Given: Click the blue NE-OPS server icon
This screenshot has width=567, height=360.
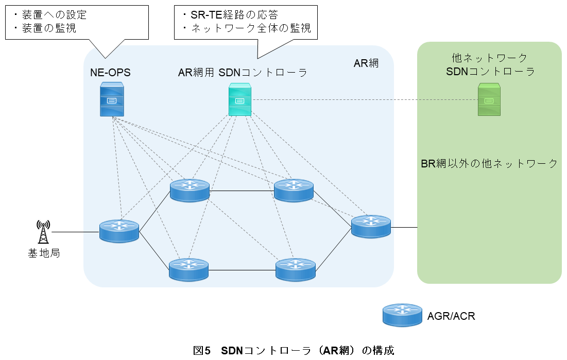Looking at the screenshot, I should (x=112, y=99).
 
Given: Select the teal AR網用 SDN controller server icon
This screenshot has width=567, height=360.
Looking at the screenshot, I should (x=240, y=99).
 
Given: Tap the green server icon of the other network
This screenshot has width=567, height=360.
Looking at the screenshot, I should (x=489, y=99).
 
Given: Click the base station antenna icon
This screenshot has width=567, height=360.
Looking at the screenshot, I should (x=43, y=232).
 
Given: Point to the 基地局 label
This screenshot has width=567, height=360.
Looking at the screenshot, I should (x=44, y=253).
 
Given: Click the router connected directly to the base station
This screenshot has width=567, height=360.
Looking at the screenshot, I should (x=119, y=231).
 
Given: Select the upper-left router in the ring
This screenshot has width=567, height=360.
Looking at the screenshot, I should (x=190, y=191).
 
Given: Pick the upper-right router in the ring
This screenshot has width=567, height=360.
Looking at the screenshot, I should (x=294, y=191).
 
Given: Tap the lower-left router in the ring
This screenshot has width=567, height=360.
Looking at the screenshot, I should (x=189, y=269).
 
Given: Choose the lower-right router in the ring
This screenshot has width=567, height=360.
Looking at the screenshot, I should (x=295, y=269).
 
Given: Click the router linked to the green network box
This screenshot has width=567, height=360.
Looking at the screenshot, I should (x=371, y=227).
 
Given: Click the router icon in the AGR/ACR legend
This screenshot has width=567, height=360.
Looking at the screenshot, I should (x=402, y=315).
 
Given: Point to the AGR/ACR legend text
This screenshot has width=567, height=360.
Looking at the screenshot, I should (x=451, y=316).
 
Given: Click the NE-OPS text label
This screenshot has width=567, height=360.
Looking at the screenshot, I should (x=110, y=73).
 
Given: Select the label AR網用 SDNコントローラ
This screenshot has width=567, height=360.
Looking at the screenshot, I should (x=243, y=73).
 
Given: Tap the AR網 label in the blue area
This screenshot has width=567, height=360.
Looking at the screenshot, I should (x=366, y=63).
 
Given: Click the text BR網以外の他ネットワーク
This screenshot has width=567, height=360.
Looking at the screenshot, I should (x=489, y=164).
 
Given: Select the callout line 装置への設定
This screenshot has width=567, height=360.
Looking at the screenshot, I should (x=50, y=15).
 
